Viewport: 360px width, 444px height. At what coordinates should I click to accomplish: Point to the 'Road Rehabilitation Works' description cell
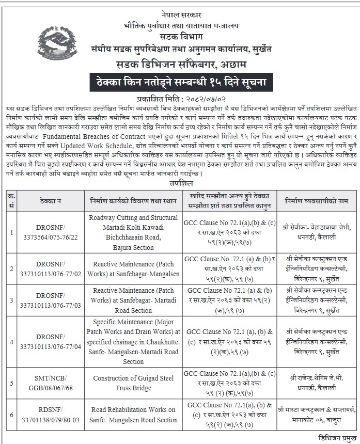[x=133, y=414]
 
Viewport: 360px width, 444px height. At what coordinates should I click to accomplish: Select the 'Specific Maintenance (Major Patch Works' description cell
[x=133, y=341]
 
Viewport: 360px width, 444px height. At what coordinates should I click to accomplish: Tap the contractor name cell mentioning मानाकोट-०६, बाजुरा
[x=319, y=414]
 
